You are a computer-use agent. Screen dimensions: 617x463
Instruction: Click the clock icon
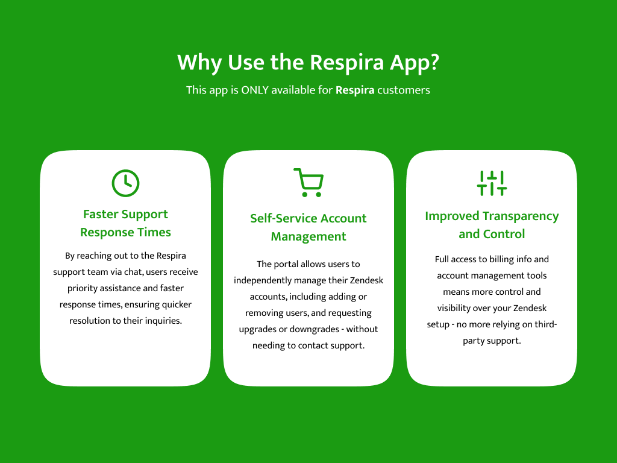[x=125, y=183]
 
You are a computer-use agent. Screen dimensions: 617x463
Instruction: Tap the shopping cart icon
[x=308, y=183]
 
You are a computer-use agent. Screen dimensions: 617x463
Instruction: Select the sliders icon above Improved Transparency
[x=492, y=183]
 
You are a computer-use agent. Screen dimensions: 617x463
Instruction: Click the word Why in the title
[x=199, y=63]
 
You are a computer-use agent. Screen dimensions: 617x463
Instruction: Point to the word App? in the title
[x=415, y=63]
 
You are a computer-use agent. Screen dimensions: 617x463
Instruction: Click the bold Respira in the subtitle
[x=355, y=90]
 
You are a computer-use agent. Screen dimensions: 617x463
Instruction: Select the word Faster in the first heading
[x=101, y=214]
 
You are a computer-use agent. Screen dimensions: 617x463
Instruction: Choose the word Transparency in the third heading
[x=521, y=216]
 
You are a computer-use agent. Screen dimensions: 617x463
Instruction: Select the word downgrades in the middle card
[x=314, y=329]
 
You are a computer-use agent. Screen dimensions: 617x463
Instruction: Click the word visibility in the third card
[x=454, y=308]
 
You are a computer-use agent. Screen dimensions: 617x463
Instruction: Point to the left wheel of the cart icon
[x=304, y=195]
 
